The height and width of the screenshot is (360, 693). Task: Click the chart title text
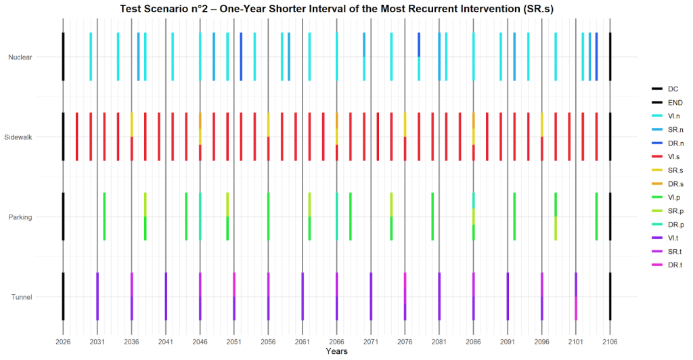[336, 9]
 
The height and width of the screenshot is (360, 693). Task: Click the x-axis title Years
[336, 352]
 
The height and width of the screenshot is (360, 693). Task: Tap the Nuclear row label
[20, 57]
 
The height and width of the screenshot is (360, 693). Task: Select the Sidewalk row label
[18, 137]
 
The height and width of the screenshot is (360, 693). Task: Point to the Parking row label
[20, 217]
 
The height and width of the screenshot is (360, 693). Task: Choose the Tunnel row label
[22, 297]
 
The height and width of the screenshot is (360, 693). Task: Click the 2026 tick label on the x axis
[63, 342]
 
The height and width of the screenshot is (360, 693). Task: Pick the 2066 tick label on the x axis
[337, 342]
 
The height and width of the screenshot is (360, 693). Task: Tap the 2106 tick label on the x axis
[610, 342]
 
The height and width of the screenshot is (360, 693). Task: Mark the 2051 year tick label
[234, 342]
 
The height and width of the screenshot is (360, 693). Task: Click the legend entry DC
[665, 89]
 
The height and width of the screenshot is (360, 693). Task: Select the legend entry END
[667, 103]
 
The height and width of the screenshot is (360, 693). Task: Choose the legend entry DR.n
[667, 143]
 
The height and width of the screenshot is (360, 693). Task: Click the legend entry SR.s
[667, 171]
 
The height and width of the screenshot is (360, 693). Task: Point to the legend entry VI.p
[666, 198]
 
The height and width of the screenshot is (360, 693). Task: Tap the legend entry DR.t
[667, 265]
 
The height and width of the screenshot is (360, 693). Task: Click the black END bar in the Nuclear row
[610, 57]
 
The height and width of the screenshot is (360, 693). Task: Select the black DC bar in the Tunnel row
[63, 296]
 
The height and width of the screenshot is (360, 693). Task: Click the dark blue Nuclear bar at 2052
[241, 57]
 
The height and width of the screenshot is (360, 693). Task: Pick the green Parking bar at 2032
[104, 217]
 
